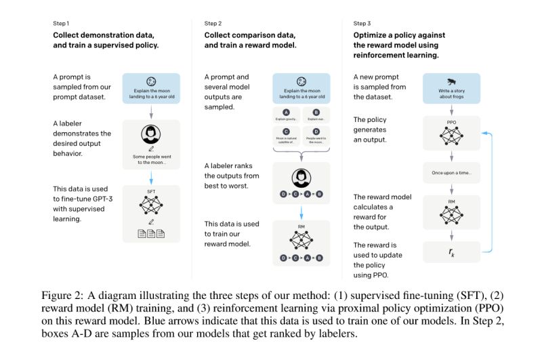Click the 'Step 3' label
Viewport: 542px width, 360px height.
pos(363,23)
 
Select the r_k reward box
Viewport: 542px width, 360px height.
pos(451,252)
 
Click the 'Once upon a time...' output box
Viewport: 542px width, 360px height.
pos(451,173)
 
